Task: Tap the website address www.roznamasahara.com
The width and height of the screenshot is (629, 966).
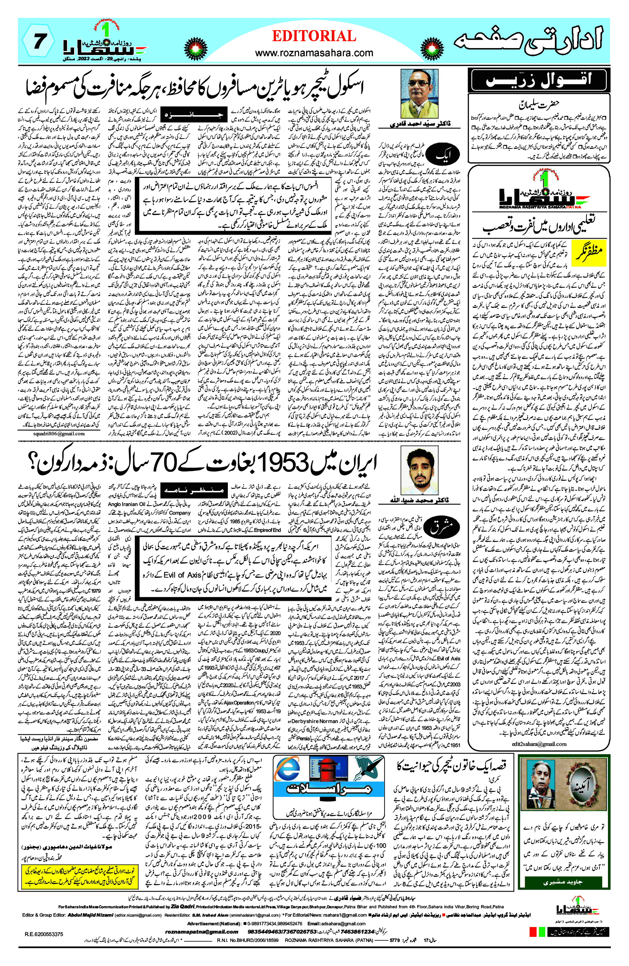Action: [x=314, y=53]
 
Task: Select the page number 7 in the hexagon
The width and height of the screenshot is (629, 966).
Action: [x=38, y=41]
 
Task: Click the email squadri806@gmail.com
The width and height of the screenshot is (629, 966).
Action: [x=59, y=433]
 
